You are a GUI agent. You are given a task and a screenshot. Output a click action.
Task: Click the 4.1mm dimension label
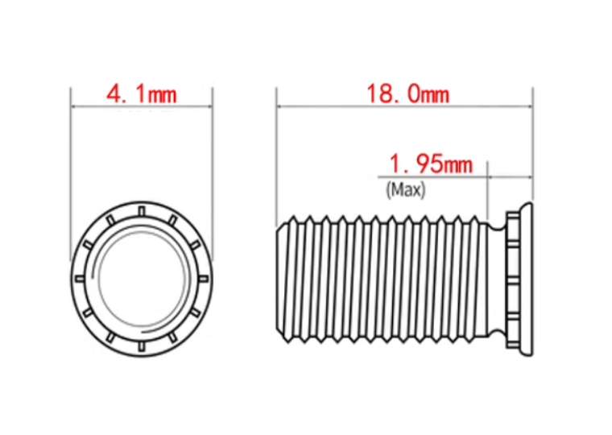point(141,94)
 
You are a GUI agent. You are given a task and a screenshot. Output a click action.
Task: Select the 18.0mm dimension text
point(408,94)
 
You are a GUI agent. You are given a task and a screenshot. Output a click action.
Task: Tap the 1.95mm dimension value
point(431,164)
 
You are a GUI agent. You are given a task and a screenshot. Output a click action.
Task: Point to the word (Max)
point(406,190)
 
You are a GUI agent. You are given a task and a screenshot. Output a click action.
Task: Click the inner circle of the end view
point(141,279)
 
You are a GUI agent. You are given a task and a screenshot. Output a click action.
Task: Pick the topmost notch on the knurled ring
point(142,211)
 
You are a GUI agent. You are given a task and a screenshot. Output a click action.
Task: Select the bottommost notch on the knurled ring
point(142,346)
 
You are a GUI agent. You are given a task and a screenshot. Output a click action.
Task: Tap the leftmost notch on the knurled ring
point(80,279)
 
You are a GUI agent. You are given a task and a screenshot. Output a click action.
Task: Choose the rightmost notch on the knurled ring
point(204,279)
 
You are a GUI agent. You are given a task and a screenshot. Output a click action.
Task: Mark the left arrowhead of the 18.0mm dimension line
point(279,106)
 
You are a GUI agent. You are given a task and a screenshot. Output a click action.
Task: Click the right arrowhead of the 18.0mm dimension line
point(530,106)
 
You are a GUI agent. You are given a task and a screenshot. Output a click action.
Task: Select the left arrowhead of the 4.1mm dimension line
point(74,106)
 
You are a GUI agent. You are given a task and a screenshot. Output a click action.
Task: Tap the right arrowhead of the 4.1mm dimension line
point(209,106)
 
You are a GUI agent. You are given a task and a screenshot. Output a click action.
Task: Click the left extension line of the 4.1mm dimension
point(71,174)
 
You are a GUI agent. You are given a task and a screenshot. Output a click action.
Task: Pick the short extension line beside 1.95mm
point(488,190)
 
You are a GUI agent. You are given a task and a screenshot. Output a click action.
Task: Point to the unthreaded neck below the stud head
point(498,279)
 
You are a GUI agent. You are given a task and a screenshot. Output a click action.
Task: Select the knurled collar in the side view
point(513,279)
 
